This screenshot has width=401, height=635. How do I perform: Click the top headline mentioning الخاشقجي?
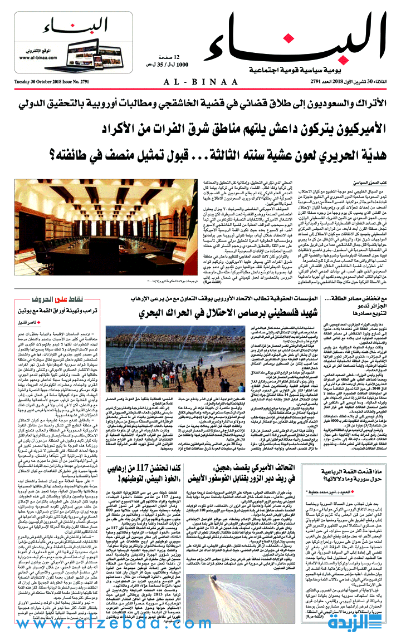coord(200,105)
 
